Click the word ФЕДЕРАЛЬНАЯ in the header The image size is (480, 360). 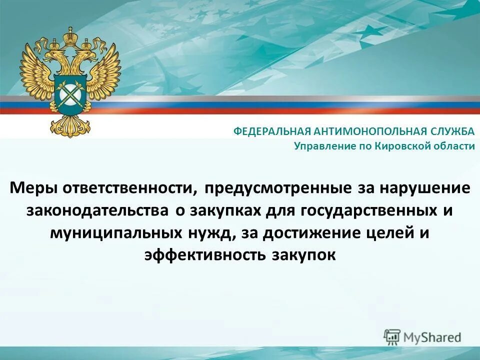click(272, 131)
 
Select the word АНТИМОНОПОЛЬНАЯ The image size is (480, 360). click(370, 131)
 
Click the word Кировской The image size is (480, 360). click(403, 146)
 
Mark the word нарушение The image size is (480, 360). click(425, 188)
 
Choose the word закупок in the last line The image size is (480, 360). click(303, 254)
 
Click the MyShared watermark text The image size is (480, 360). click(433, 337)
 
